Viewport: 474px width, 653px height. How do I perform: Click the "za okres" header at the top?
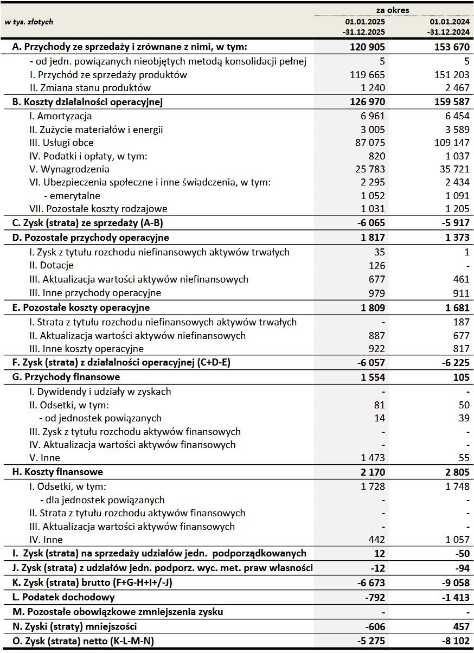tap(394, 10)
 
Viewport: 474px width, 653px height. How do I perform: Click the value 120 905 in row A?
tap(367, 47)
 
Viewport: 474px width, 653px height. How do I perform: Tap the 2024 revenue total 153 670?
tap(451, 47)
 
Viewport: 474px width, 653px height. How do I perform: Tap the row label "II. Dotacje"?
tap(52, 266)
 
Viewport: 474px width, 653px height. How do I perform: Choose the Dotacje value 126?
tap(376, 266)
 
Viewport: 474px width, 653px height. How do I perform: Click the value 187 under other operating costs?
tap(460, 322)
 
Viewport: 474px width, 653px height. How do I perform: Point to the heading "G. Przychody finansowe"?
tap(66, 377)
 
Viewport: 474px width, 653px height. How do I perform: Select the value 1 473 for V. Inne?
tap(373, 458)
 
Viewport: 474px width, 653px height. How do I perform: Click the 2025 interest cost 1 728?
tap(373, 486)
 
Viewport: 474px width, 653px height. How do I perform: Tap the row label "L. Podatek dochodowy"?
tap(63, 597)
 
